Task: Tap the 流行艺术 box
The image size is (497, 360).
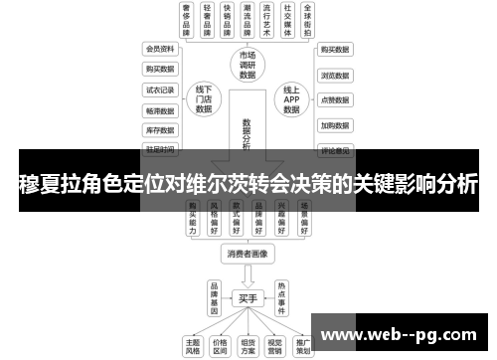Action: pos(262,21)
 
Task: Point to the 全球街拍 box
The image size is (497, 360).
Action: pos(313,21)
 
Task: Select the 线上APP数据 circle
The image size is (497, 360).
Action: pos(291,98)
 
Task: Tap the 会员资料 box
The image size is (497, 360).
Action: pos(160,48)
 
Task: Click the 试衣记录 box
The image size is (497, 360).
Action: pos(160,89)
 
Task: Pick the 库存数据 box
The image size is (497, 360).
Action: pos(160,129)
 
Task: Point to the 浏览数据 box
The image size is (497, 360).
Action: pos(335,74)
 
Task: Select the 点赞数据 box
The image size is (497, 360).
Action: pos(335,99)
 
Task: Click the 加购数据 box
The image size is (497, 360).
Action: pos(335,125)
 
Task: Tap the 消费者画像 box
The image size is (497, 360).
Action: pos(247,255)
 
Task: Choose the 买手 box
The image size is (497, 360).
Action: pos(248,296)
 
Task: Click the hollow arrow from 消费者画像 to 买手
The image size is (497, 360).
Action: pos(248,274)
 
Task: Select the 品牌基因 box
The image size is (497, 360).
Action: pos(213,296)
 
